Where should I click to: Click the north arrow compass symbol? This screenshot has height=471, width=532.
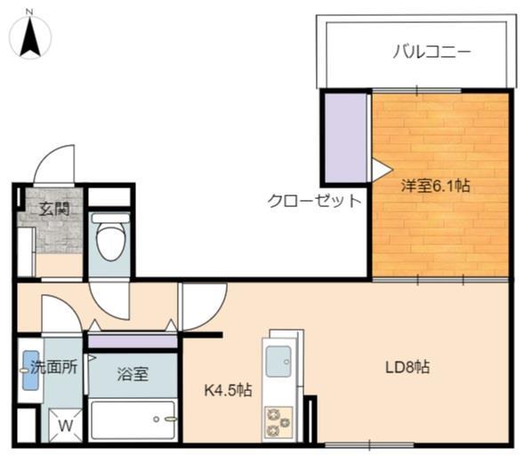click(x=30, y=36)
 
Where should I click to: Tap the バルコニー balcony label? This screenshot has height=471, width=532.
click(x=431, y=52)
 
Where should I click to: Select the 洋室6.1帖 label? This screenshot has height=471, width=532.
click(x=436, y=186)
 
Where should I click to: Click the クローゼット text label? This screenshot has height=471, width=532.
click(x=315, y=201)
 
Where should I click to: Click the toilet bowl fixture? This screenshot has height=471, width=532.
click(x=109, y=237)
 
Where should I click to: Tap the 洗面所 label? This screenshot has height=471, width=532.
click(x=54, y=367)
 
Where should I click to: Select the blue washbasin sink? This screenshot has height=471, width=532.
click(x=31, y=371)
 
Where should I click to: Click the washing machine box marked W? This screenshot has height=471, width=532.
click(x=65, y=426)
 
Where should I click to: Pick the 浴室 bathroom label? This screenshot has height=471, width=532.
click(x=133, y=374)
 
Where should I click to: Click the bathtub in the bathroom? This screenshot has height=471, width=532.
click(x=133, y=420)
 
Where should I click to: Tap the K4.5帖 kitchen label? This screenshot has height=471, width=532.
click(x=228, y=390)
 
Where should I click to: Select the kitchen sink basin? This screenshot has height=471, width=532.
click(x=278, y=361)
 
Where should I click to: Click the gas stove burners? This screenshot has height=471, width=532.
click(x=278, y=422)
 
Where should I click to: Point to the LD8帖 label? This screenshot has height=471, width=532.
click(x=407, y=367)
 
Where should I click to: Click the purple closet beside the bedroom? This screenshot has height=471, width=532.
click(x=345, y=138)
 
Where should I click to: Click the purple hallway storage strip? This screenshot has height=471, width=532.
click(x=133, y=341)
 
